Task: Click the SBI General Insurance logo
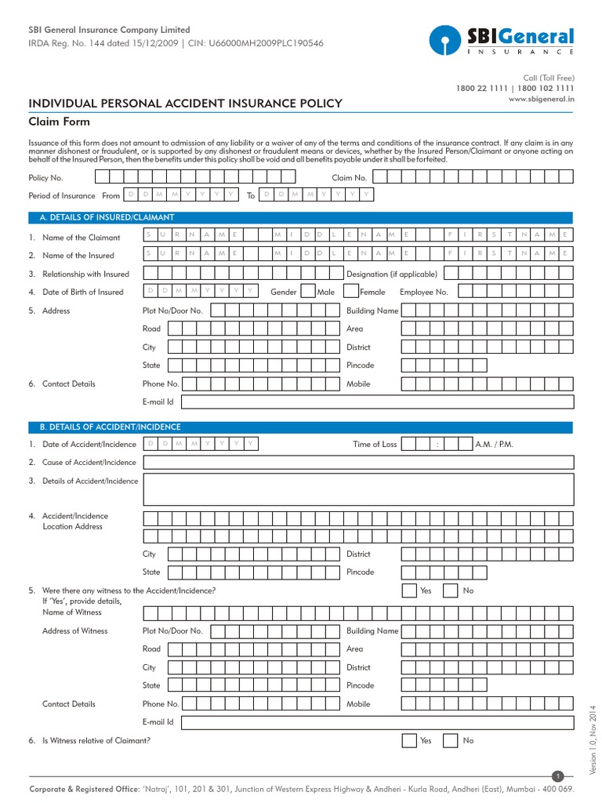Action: click(x=501, y=40)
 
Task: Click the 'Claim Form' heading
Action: click(x=60, y=122)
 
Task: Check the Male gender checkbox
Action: click(x=309, y=292)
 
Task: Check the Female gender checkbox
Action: click(x=350, y=292)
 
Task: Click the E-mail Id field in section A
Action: click(x=377, y=401)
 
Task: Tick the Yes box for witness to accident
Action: click(x=409, y=590)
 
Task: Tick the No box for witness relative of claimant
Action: click(x=451, y=740)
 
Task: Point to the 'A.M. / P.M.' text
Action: click(x=495, y=445)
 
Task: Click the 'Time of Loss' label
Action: click(x=375, y=445)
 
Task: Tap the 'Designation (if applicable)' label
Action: click(x=392, y=274)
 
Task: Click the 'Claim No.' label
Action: click(x=349, y=178)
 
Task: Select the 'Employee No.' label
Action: click(x=423, y=292)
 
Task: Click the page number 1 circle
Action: click(x=558, y=776)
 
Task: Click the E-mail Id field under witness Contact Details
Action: click(x=377, y=722)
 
